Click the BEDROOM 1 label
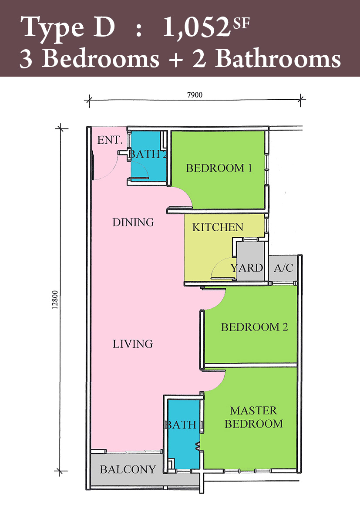219,168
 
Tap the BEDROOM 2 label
255,327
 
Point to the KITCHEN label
218,227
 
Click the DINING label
133,222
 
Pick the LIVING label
133,344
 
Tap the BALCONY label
128,469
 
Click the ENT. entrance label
110,140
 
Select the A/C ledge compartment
283,268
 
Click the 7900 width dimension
195,95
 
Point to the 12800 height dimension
55,300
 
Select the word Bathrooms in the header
278,59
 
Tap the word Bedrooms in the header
101,59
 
